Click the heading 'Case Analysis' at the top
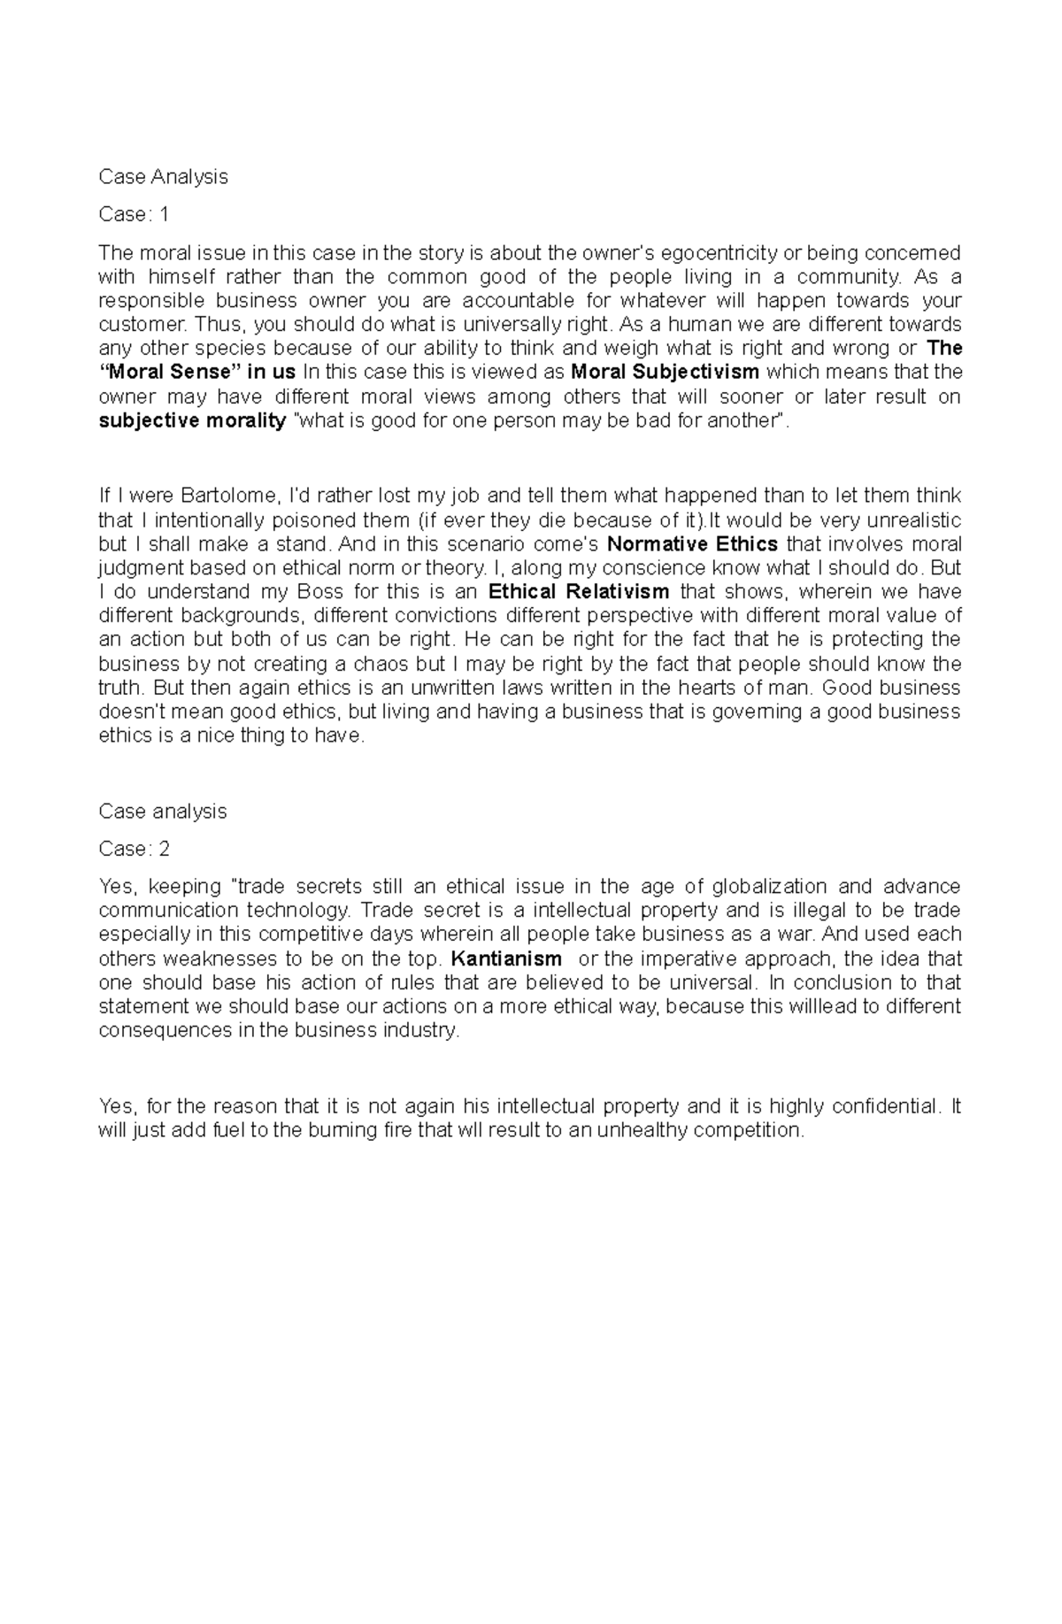click(163, 177)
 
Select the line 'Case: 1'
click(134, 214)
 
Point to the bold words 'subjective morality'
click(192, 420)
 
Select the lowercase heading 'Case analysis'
click(163, 812)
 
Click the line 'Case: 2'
click(135, 849)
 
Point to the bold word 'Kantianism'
click(506, 958)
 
